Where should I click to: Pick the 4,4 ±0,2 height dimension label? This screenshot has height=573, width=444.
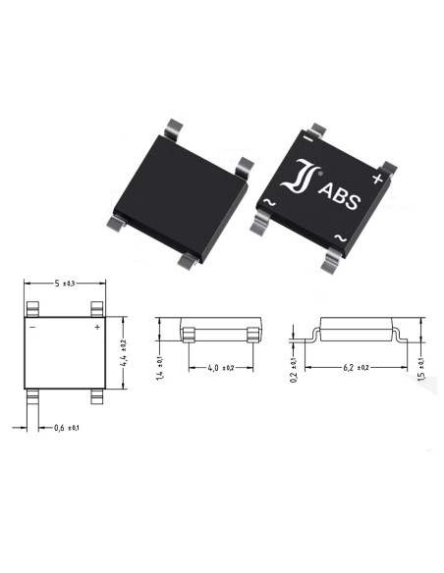pyautogui.click(x=123, y=351)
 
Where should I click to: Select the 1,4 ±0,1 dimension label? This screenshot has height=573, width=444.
pyautogui.click(x=160, y=367)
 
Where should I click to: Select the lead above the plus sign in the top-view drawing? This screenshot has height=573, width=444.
pyautogui.click(x=95, y=309)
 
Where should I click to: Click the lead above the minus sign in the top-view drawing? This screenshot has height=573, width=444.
pyautogui.click(x=34, y=309)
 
